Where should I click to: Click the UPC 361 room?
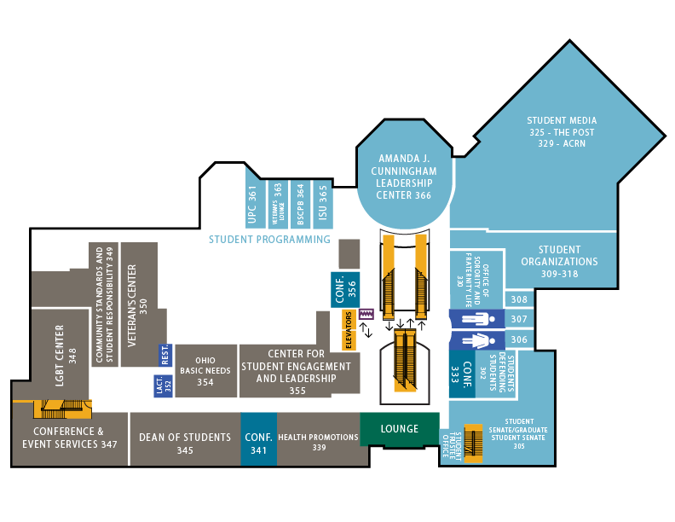coord(253,205)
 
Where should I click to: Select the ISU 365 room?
coord(322,205)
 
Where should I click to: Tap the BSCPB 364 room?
coord(298,205)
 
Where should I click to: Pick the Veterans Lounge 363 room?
coord(276,205)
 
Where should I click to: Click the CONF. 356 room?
coord(345,288)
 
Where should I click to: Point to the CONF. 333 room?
coord(462,376)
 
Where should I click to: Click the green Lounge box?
coord(399,429)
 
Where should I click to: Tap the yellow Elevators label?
coord(348,329)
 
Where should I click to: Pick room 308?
coord(519,299)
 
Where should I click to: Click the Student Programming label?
coord(269,240)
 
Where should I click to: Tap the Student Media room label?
coord(562,132)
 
